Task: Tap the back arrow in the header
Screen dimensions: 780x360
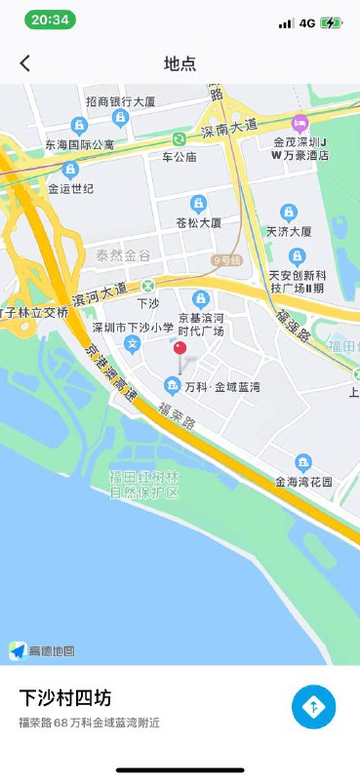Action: (25, 63)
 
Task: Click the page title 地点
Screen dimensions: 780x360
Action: (180, 63)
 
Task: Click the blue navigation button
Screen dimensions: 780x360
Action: (313, 707)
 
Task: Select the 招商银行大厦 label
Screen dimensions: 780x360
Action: (120, 101)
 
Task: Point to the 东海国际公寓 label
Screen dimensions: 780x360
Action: (79, 144)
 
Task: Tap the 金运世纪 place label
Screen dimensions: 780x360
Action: (69, 188)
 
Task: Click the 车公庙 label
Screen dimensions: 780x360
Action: (180, 156)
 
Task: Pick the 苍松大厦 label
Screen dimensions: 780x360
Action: (198, 222)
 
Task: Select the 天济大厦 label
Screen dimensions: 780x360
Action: (289, 232)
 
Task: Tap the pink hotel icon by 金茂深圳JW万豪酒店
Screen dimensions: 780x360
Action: (300, 123)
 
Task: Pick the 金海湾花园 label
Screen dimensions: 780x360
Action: (303, 482)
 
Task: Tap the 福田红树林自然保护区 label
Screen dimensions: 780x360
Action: (144, 484)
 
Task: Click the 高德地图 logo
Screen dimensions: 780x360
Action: (43, 651)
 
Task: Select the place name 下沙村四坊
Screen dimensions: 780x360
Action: (64, 698)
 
